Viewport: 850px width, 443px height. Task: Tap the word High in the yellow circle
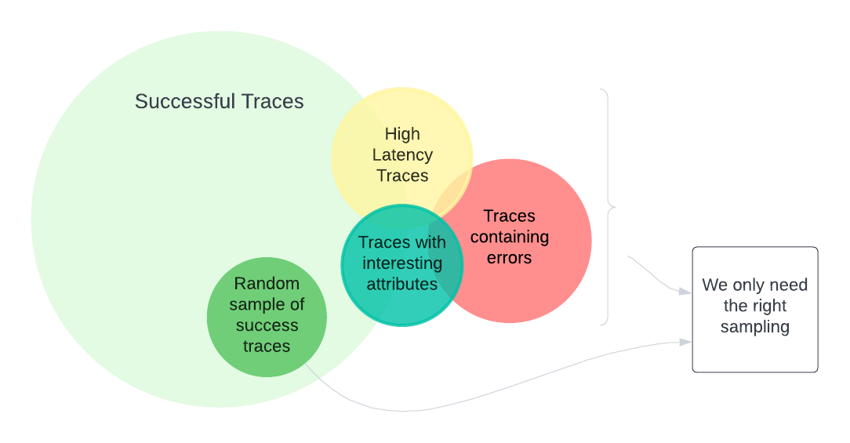[x=402, y=134]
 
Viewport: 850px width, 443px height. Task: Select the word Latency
[x=402, y=154]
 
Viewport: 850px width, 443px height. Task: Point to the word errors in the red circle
[x=509, y=258]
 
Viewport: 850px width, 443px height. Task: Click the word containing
[x=509, y=237]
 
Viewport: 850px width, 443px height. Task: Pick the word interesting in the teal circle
[x=402, y=263]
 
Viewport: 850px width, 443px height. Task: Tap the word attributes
[x=402, y=284]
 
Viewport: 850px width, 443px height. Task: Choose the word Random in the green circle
[x=267, y=284]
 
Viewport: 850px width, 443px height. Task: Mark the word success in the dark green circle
[x=267, y=325]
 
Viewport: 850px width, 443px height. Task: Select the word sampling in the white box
[x=754, y=327]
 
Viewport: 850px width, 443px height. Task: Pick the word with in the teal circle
[x=430, y=242]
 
